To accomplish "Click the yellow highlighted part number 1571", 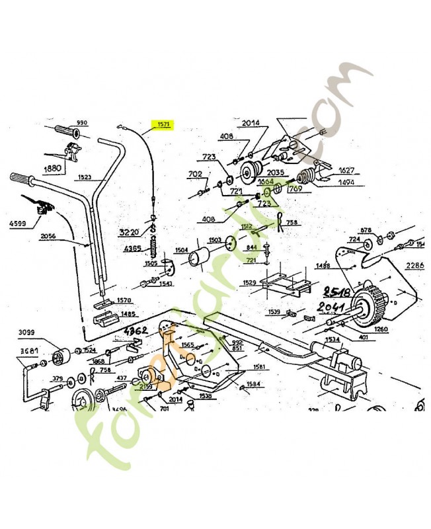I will tap(162, 124).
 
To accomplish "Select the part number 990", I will tap(82, 123).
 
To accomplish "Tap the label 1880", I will tap(53, 168).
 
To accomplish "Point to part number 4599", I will tap(19, 224).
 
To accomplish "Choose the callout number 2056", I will tap(48, 235).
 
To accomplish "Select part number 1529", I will tap(250, 282).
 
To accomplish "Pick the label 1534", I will tap(333, 340).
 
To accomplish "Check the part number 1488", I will tap(323, 265).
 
